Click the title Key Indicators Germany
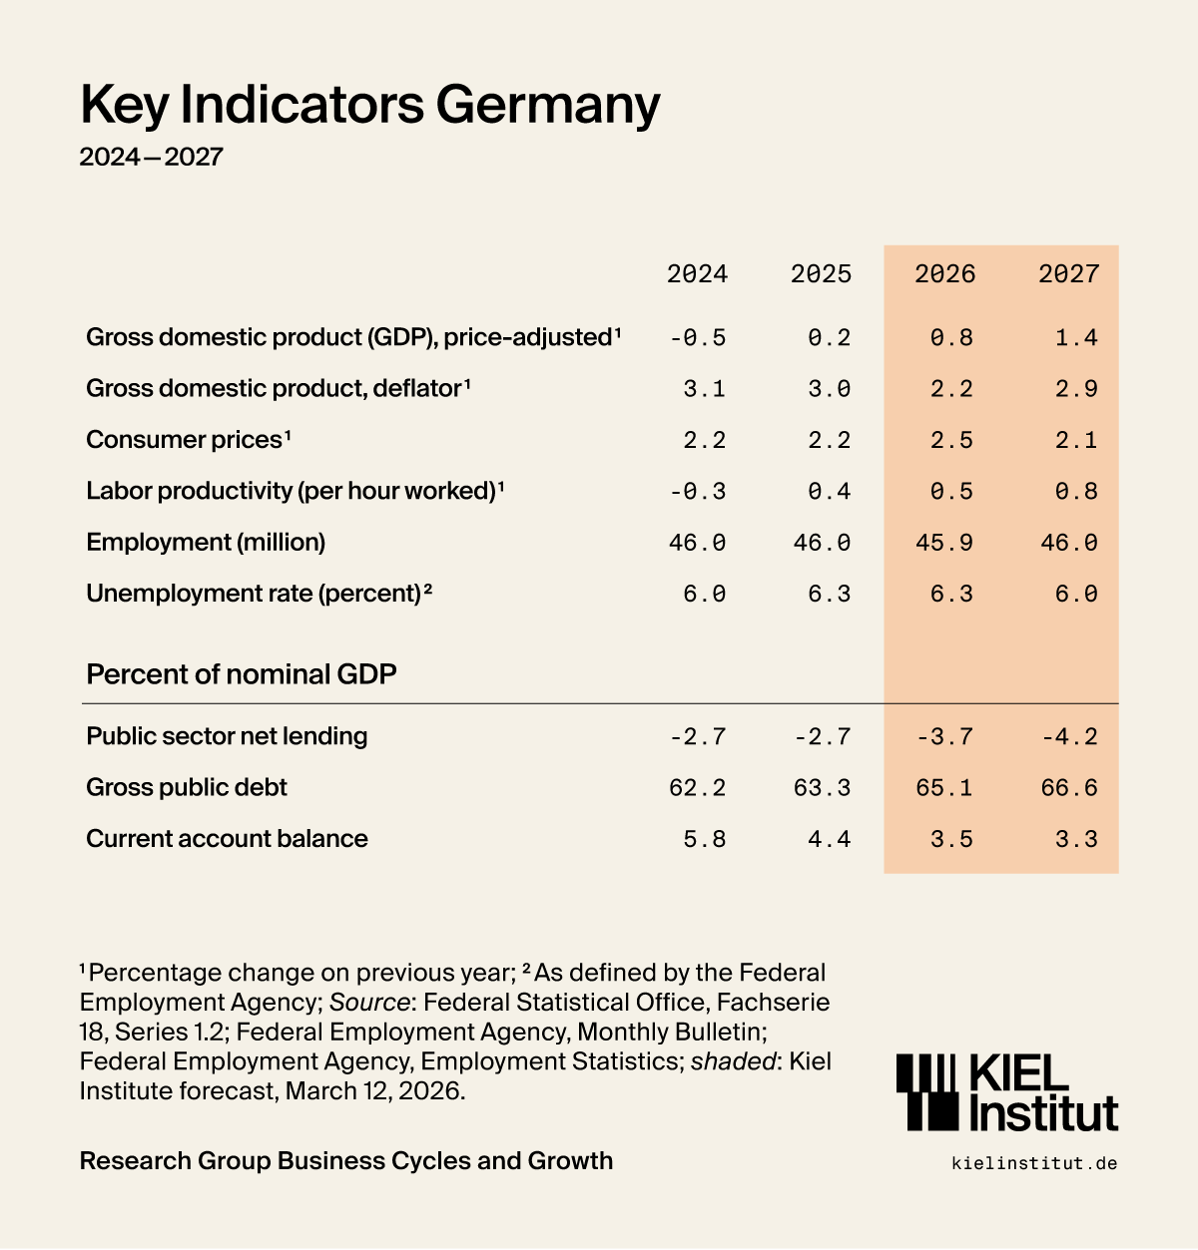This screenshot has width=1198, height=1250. click(369, 104)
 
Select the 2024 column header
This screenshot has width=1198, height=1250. click(697, 274)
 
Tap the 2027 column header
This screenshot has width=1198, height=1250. click(1068, 274)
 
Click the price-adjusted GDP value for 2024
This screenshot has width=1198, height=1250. click(698, 338)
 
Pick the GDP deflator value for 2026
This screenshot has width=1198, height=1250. click(951, 389)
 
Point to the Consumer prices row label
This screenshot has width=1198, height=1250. click(188, 440)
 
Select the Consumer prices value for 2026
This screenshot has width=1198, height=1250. click(951, 441)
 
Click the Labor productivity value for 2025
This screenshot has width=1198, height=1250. click(829, 492)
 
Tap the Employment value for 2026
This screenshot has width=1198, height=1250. click(944, 543)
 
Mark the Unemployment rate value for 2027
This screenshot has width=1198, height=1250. click(1076, 595)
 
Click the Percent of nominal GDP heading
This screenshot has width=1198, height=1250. click(242, 674)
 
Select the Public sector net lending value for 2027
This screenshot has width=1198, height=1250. click(1069, 737)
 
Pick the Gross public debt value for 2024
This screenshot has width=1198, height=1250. click(697, 788)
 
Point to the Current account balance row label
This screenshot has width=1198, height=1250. click(227, 839)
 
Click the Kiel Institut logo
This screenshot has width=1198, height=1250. click(1006, 1093)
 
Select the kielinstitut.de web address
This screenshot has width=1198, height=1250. click(1034, 1163)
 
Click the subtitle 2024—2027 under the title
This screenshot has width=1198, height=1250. click(151, 157)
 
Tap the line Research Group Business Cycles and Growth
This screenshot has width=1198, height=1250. click(345, 1161)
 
